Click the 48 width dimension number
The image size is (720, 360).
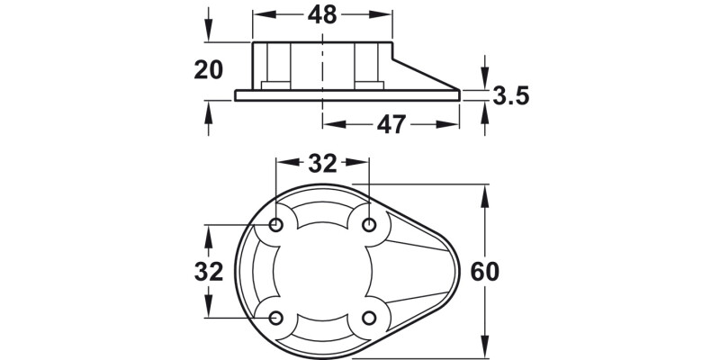point(322,16)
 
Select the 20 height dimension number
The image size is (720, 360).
point(209,70)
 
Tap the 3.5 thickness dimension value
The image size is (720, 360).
point(510,95)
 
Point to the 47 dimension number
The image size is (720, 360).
point(391,124)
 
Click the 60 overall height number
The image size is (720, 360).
point(483,271)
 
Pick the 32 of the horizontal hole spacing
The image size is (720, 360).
point(322,163)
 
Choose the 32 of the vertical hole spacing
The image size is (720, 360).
point(209,271)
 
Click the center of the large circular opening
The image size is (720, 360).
point(322,271)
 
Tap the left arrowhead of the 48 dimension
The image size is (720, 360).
point(259,16)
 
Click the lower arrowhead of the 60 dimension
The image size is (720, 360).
point(487,349)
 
